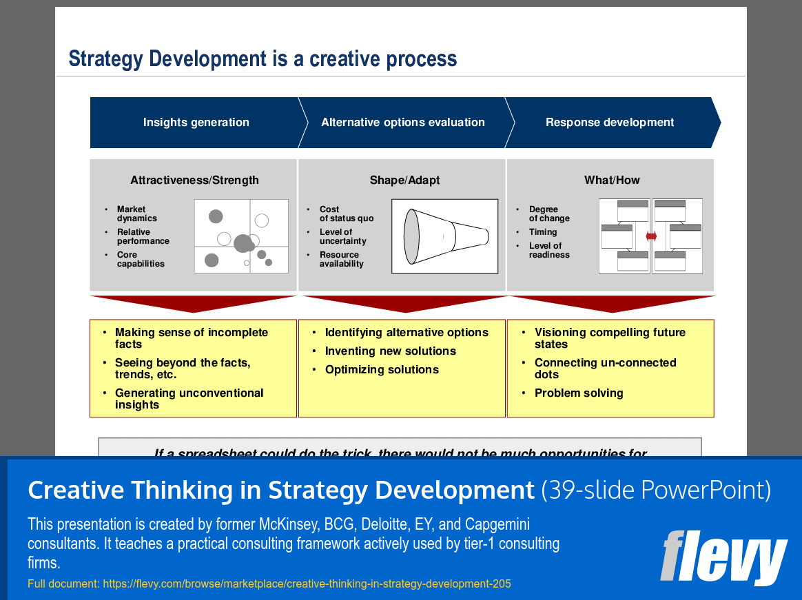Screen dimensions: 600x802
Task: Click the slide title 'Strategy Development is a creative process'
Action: (263, 59)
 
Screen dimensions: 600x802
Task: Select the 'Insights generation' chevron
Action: (196, 123)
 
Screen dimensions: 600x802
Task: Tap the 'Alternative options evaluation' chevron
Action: (403, 123)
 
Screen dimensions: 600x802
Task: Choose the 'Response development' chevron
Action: (610, 123)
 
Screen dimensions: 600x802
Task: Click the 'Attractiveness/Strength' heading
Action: (194, 180)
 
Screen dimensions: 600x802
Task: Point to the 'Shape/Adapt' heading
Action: (404, 180)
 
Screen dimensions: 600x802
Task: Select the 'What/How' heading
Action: (612, 180)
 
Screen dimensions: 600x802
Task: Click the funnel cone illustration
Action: (445, 236)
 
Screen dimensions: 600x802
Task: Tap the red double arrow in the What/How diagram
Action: (651, 236)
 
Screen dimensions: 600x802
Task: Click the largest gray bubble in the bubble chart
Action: (243, 243)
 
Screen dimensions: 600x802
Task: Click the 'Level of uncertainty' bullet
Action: (342, 237)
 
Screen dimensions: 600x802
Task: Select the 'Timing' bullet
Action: (543, 232)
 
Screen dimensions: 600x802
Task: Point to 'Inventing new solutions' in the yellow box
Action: (390, 351)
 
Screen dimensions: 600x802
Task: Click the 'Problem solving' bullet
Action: (578, 393)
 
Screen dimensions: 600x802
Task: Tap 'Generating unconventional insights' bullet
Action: (189, 399)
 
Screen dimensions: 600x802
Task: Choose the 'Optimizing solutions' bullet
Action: (382, 370)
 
